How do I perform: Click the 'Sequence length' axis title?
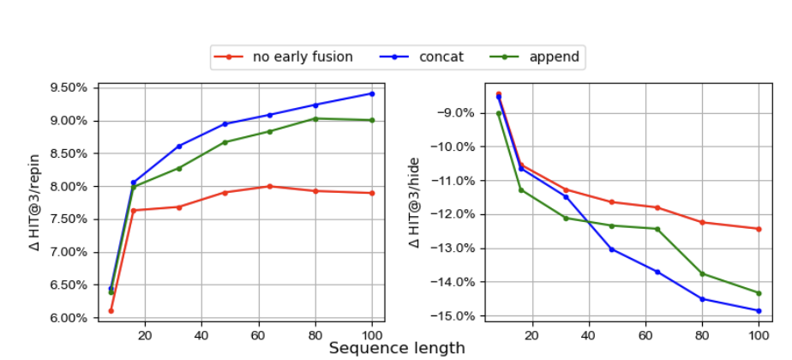pyautogui.click(x=397, y=348)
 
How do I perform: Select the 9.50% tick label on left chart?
pyautogui.click(x=69, y=88)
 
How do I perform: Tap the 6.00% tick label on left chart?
pyautogui.click(x=69, y=318)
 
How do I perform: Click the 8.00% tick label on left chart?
pyautogui.click(x=69, y=187)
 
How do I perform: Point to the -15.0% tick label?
pyautogui.click(x=457, y=316)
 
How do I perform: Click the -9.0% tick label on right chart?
pyautogui.click(x=459, y=113)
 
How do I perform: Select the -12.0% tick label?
pyautogui.click(x=457, y=214)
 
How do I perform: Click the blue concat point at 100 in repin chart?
pyautogui.click(x=372, y=93)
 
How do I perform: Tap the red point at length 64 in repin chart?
pyautogui.click(x=269, y=186)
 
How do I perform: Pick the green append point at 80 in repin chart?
pyautogui.click(x=315, y=118)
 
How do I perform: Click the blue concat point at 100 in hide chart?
pyautogui.click(x=759, y=310)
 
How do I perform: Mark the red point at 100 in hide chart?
pyautogui.click(x=759, y=229)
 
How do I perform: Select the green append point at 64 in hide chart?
pyautogui.click(x=657, y=229)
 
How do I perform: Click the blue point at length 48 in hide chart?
pyautogui.click(x=611, y=249)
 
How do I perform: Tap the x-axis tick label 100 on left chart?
pyautogui.click(x=372, y=333)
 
